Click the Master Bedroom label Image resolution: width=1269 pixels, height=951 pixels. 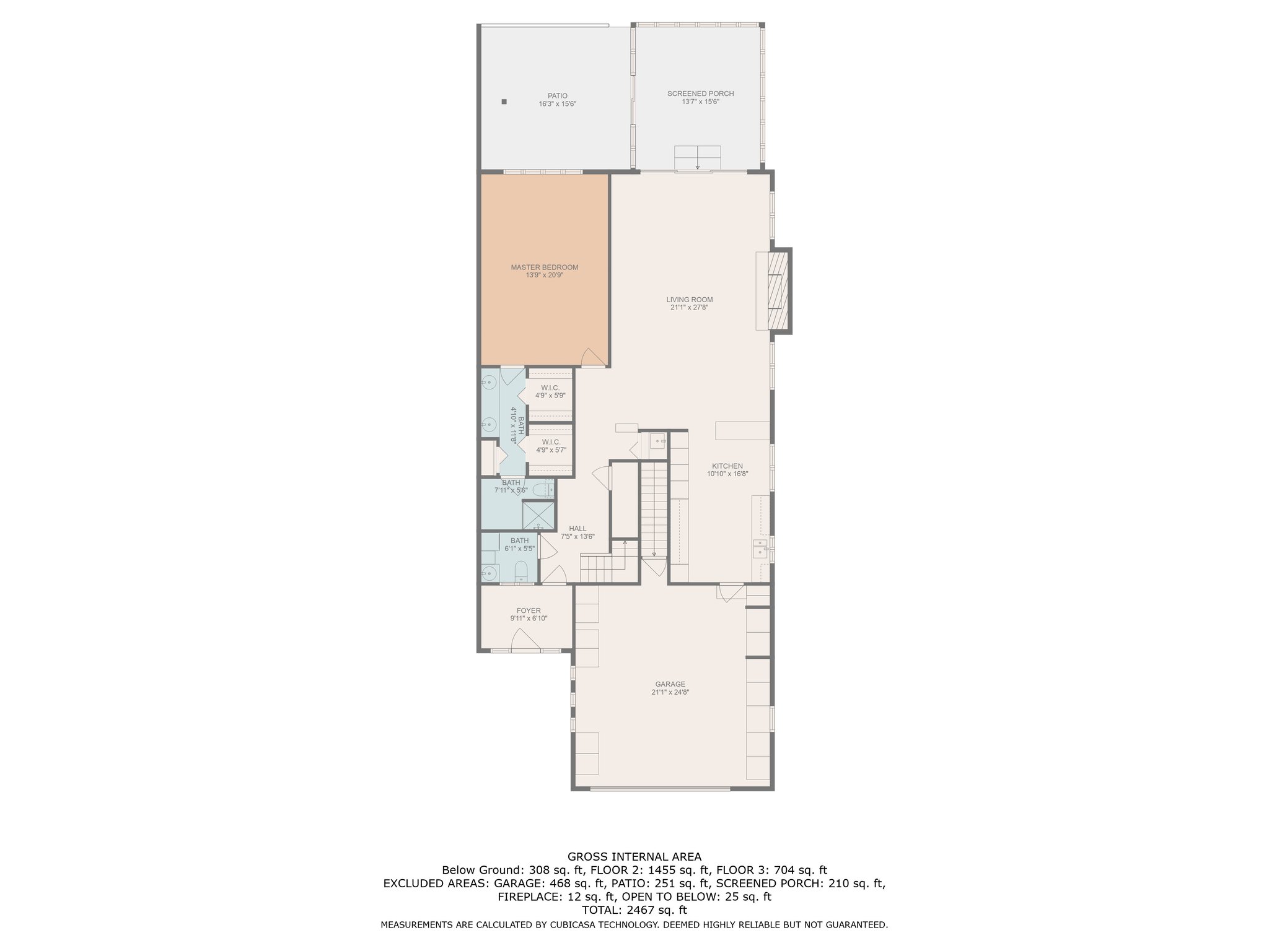pyautogui.click(x=544, y=267)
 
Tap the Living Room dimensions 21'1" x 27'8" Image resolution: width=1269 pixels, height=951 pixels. pyautogui.click(x=688, y=308)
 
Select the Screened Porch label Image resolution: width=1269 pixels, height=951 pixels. pyautogui.click(x=700, y=93)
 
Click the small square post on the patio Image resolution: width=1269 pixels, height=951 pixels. pyautogui.click(x=504, y=102)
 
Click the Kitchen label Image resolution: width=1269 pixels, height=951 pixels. pyautogui.click(x=727, y=466)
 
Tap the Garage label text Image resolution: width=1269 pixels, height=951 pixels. pyautogui.click(x=670, y=684)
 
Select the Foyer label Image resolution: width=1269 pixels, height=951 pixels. pyautogui.click(x=529, y=610)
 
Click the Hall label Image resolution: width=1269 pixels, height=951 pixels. pyautogui.click(x=577, y=529)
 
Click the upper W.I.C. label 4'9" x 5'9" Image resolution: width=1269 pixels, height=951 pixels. pyautogui.click(x=550, y=391)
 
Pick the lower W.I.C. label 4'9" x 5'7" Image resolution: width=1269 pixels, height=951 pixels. pyautogui.click(x=551, y=446)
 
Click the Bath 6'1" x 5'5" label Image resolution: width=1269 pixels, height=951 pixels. pyautogui.click(x=519, y=544)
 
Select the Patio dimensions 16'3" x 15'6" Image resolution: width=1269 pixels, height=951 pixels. pyautogui.click(x=557, y=104)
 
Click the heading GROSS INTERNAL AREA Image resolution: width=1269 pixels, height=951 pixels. pyautogui.click(x=634, y=857)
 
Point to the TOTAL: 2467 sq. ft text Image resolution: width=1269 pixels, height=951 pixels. pyautogui.click(x=634, y=910)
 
